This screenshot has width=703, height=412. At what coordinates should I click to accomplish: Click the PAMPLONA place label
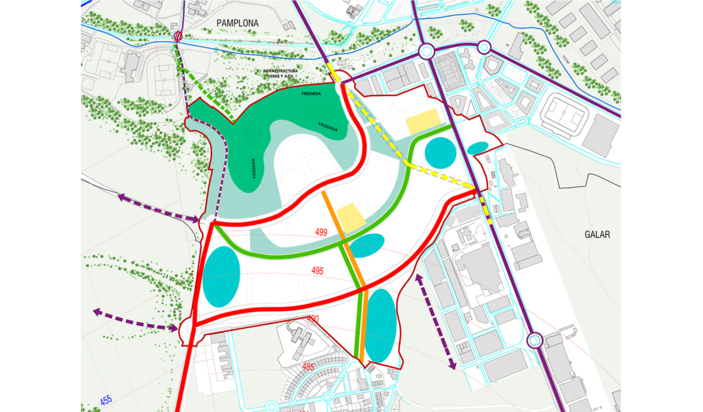coord(238,23)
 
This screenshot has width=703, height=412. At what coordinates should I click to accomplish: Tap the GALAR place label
coord(597,234)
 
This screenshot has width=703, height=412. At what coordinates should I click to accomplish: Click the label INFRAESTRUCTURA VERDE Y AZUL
coord(290,73)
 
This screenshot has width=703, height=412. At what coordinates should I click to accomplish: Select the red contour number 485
coord(308,367)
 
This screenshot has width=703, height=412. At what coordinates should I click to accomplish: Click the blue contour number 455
coord(105,400)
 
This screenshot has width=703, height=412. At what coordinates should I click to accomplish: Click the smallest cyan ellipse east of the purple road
coord(478,148)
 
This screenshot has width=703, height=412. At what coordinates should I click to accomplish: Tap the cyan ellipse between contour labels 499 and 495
coord(367,245)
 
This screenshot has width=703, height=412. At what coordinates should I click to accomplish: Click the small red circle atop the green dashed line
coord(178,36)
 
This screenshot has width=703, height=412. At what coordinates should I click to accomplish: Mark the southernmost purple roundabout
coord(535,340)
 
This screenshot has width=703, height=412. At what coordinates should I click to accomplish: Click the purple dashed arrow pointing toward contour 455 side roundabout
coord(137,321)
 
